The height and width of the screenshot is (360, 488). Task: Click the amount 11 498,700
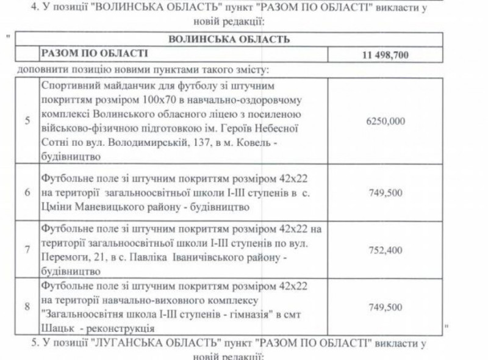385,55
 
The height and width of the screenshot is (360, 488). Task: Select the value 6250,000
386,121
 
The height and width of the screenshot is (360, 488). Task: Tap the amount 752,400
386,250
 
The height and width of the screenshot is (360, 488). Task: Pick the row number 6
27,192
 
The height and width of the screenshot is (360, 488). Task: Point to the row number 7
27,250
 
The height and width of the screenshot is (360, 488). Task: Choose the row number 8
27,306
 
